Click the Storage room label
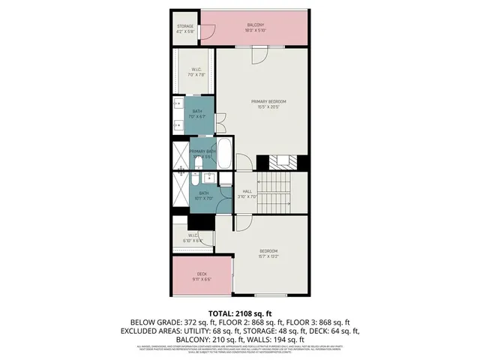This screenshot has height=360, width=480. point(184,29)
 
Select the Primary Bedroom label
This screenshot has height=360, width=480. point(268,103)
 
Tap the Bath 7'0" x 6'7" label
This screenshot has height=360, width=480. point(196,114)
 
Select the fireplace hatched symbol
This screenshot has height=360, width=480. point(282,160)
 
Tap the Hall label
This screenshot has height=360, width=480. point(247,193)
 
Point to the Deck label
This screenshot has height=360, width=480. point(202,276)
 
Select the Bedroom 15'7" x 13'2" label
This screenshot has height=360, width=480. point(268,253)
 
